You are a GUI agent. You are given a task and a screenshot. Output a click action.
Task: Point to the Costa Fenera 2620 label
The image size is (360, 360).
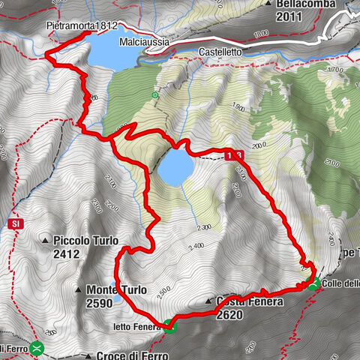pyautogui.click(x=250, y=307)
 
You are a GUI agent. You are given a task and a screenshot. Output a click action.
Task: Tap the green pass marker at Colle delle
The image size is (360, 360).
pyautogui.click(x=313, y=283)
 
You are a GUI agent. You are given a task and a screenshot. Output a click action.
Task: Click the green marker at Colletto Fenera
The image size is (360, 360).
pyautogui.click(x=169, y=325)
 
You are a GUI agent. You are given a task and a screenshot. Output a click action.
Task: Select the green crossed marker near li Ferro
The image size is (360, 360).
pyautogui.click(x=37, y=347)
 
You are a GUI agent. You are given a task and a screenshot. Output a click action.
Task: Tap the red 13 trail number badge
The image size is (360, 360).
pyautogui.click(x=233, y=155)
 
